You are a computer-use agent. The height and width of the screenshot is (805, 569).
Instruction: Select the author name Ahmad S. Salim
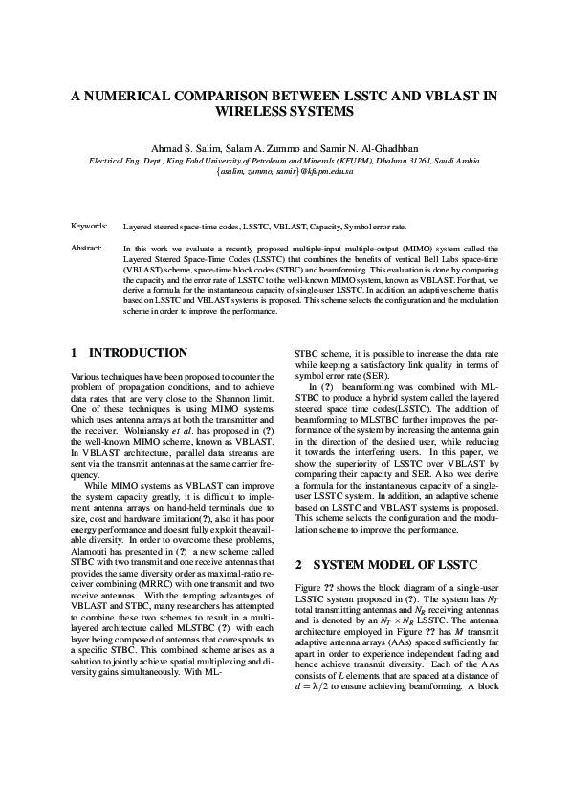[x=182, y=148]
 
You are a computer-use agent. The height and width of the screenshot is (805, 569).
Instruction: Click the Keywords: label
[x=89, y=227]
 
